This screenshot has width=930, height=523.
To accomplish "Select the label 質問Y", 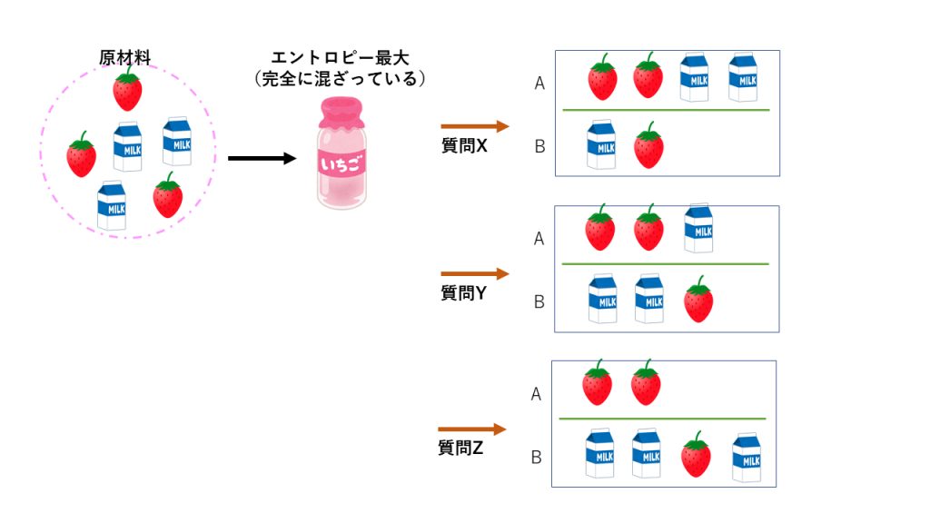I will pyautogui.click(x=464, y=292).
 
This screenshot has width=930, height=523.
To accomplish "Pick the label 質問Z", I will pyautogui.click(x=461, y=447).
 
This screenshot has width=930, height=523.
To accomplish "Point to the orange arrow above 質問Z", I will pyautogui.click(x=471, y=429).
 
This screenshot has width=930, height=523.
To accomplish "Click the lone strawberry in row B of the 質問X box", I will pyautogui.click(x=648, y=145).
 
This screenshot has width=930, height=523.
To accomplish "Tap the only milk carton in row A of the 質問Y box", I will pyautogui.click(x=697, y=228).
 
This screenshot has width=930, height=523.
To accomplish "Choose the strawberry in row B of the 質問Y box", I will pyautogui.click(x=697, y=300).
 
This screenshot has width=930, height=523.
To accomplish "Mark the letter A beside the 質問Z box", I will pyautogui.click(x=536, y=394).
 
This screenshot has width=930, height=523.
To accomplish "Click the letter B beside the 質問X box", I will pyautogui.click(x=539, y=145).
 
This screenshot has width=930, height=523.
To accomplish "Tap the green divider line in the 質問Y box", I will pyautogui.click(x=665, y=264).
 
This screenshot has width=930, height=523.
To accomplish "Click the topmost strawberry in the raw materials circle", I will pyautogui.click(x=127, y=88).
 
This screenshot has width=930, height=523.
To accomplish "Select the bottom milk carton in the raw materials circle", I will pyautogui.click(x=112, y=205).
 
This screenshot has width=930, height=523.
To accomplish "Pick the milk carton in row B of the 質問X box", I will pyautogui.click(x=600, y=144).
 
